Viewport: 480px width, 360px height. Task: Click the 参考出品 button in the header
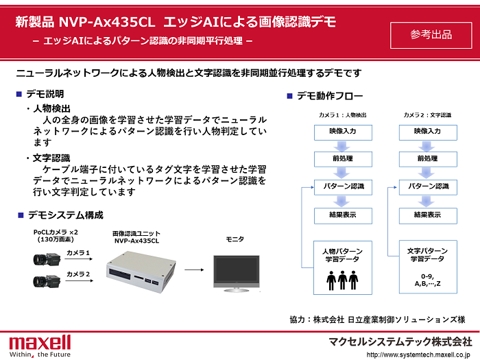pyautogui.click(x=431, y=35)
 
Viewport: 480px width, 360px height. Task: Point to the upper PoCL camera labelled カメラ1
pyautogui.click(x=46, y=259)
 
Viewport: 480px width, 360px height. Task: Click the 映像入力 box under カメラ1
pyautogui.click(x=343, y=132)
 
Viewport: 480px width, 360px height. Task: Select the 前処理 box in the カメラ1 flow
pyautogui.click(x=343, y=159)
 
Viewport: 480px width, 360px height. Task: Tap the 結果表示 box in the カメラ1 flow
pyautogui.click(x=343, y=215)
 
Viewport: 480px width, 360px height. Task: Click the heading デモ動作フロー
pyautogui.click(x=330, y=96)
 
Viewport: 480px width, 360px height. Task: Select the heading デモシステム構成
pyautogui.click(x=65, y=215)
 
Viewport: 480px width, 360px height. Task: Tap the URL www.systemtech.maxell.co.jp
pyautogui.click(x=419, y=355)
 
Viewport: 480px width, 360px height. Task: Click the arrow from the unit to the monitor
pyautogui.click(x=195, y=269)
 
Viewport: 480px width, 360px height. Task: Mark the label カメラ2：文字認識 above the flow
pyautogui.click(x=427, y=115)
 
